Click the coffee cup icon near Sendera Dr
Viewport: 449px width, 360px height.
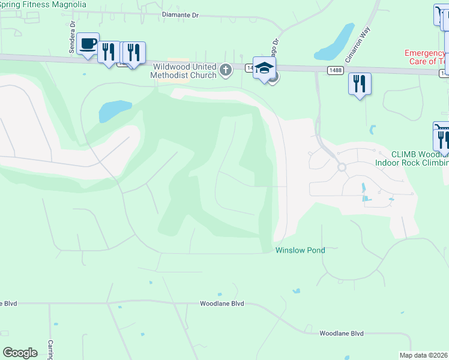pyautogui.click(x=88, y=44)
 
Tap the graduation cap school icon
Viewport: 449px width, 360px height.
pyautogui.click(x=264, y=68)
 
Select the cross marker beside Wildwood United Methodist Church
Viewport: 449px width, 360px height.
pyautogui.click(x=226, y=70)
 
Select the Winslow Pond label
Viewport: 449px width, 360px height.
pyautogui.click(x=300, y=250)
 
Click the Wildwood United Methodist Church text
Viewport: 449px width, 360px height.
pyautogui.click(x=184, y=71)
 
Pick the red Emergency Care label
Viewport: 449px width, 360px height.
pyautogui.click(x=426, y=57)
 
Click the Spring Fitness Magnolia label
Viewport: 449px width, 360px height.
pyautogui.click(x=43, y=4)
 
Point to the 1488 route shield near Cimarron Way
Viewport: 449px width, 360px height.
pyautogui.click(x=336, y=71)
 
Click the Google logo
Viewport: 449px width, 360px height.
pyautogui.click(x=20, y=353)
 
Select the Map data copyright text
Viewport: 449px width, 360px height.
pyautogui.click(x=424, y=355)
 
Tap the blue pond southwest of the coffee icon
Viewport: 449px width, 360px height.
pyautogui.click(x=114, y=110)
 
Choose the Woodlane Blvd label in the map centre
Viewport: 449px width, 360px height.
pyautogui.click(x=221, y=304)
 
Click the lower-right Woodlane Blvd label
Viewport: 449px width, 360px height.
pyautogui.click(x=342, y=333)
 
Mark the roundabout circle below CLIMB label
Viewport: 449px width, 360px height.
pyautogui.click(x=342, y=167)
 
